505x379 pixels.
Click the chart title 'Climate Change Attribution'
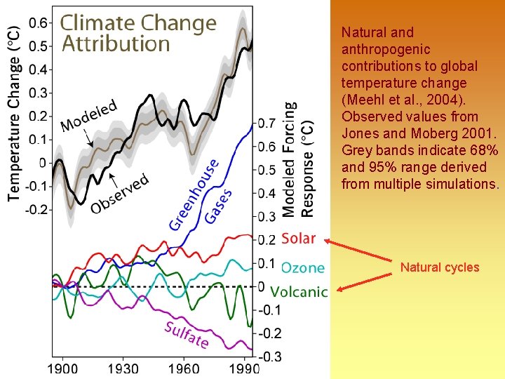pyautogui.click(x=137, y=33)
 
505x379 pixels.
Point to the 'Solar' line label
pyautogui.click(x=298, y=239)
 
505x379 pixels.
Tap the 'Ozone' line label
pyautogui.click(x=302, y=267)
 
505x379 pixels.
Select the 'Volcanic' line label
pyautogui.click(x=299, y=291)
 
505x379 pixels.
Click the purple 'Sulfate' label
pyautogui.click(x=187, y=335)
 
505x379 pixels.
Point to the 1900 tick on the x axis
pyautogui.click(x=62, y=368)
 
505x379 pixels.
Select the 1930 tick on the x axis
pyautogui.click(x=123, y=368)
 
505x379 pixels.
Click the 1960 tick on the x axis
pyautogui.click(x=184, y=368)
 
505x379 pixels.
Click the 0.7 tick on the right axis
pyautogui.click(x=267, y=124)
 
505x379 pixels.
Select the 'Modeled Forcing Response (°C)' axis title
pyautogui.click(x=298, y=159)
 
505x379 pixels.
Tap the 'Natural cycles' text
pyautogui.click(x=440, y=267)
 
